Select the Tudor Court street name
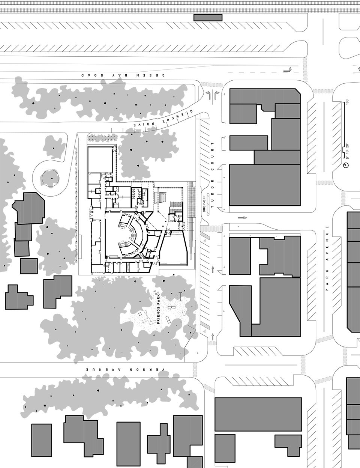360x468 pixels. pos(213,175)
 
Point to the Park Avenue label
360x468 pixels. pos(327,259)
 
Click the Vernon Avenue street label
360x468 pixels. pos(126,369)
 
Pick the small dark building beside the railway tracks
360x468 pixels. pos(208,18)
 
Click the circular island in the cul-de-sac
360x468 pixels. pos(50,178)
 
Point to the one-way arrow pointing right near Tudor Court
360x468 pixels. pos(242,218)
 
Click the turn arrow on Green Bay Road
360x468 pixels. pos(287,69)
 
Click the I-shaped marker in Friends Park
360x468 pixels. pos(180,296)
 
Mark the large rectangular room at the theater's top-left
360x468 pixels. pos(100,160)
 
